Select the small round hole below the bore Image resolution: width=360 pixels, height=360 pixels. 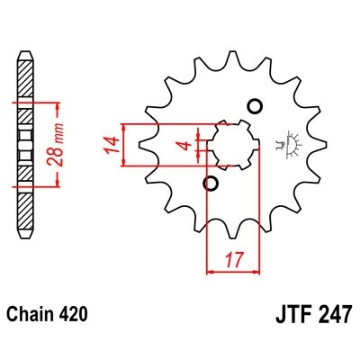tap(211, 184)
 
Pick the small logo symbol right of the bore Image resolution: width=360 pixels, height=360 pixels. tap(290, 143)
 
